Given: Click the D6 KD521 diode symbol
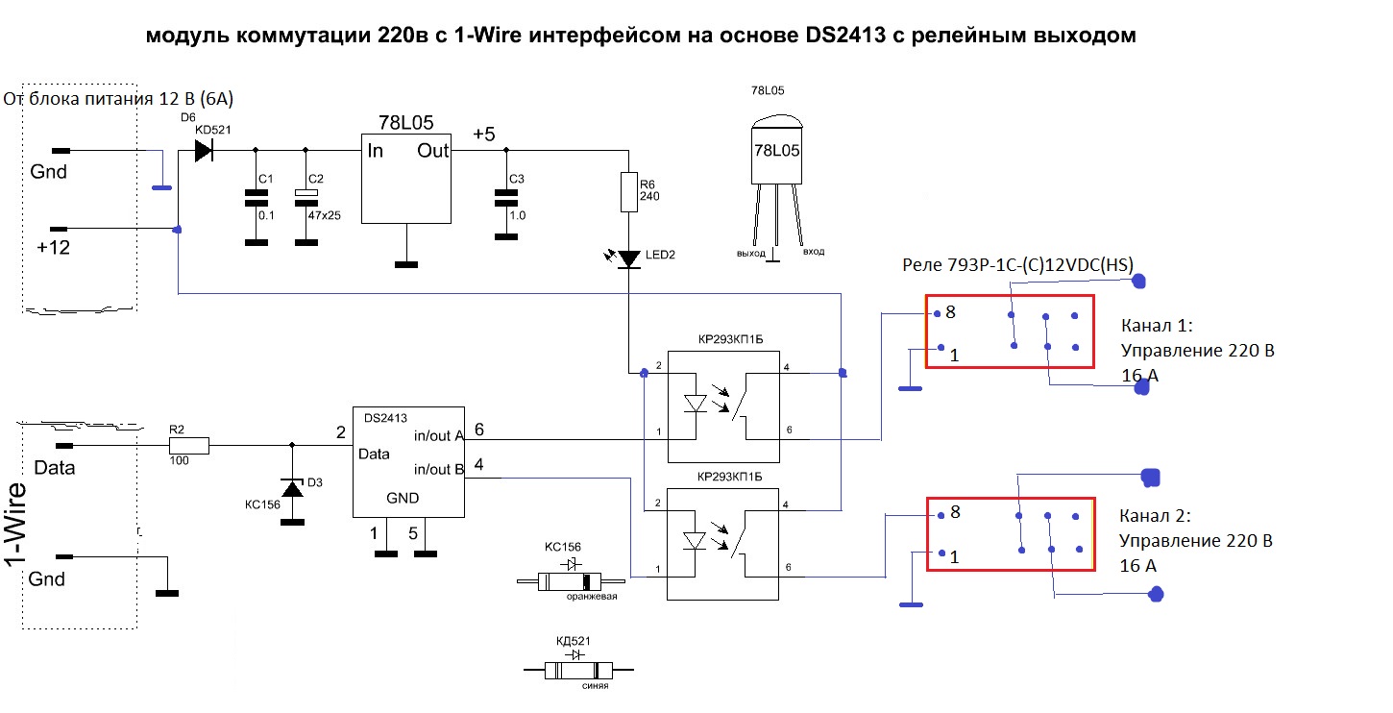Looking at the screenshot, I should (x=203, y=151).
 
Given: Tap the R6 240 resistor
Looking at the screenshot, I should (x=628, y=192).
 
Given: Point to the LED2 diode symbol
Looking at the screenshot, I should (x=628, y=258).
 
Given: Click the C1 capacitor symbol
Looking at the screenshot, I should (x=256, y=198).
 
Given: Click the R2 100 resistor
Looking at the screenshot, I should (x=188, y=446).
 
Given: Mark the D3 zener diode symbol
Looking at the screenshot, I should (x=291, y=487).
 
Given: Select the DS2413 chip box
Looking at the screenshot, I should (x=407, y=459).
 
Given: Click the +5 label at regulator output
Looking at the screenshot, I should (x=483, y=135).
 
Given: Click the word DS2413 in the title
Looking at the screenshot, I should (x=843, y=37).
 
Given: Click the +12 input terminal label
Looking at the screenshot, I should (x=54, y=247).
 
